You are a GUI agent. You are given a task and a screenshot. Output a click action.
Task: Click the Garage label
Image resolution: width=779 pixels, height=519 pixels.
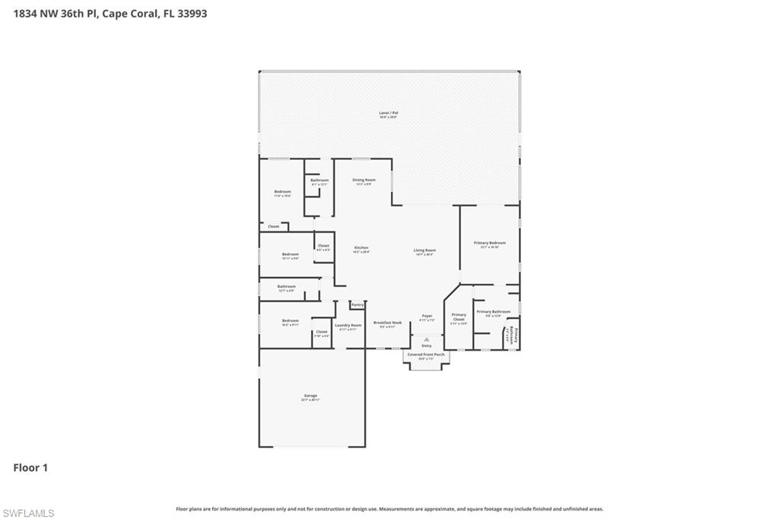tap(310, 396)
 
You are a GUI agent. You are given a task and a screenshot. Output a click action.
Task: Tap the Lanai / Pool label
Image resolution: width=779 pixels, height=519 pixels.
tap(389, 113)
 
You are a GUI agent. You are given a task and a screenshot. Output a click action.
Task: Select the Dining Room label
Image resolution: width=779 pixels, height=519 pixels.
tap(364, 180)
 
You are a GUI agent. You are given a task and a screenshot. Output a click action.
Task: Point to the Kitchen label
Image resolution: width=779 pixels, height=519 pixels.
tap(361, 248)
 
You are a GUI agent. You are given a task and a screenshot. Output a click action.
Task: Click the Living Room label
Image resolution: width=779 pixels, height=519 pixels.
tap(424, 250)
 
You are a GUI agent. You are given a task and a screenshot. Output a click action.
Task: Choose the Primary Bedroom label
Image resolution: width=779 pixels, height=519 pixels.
tap(490, 243)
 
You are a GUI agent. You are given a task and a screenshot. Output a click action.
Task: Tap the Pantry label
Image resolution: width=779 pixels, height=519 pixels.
tap(358, 304)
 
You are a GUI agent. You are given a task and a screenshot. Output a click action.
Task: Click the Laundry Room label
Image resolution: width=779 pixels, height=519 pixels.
tap(348, 325)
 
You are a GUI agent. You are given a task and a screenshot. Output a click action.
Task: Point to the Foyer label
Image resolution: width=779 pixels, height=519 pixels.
tap(427, 316)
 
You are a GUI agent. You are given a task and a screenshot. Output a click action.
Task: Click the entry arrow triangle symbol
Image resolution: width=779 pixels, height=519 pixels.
tap(427, 339)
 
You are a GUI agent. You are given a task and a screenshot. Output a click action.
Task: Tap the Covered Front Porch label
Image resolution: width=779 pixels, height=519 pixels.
tap(426, 355)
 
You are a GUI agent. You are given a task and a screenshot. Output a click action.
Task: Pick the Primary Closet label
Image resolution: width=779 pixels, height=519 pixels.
tap(459, 317)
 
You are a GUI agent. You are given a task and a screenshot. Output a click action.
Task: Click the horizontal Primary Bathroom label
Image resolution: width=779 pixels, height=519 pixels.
tap(494, 311)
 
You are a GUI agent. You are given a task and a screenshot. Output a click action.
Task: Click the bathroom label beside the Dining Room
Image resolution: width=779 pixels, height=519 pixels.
tap(320, 180)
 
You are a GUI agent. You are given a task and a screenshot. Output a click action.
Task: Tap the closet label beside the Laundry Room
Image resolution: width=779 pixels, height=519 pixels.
tap(322, 332)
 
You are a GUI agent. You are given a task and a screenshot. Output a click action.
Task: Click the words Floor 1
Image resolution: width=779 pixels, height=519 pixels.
tap(30, 468)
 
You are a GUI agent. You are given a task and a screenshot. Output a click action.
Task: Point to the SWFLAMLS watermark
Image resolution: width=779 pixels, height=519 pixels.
tap(28, 513)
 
